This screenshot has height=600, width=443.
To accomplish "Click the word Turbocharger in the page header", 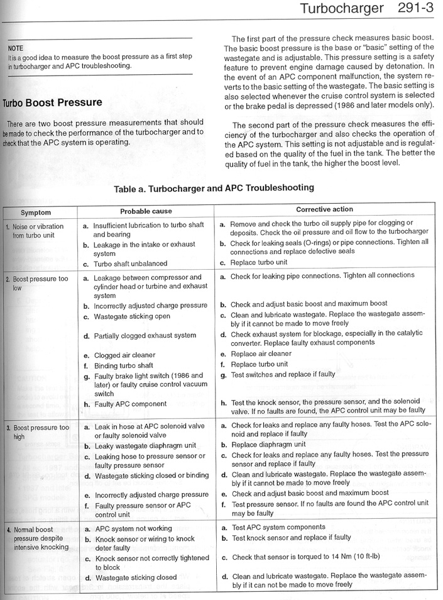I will [x=341, y=9].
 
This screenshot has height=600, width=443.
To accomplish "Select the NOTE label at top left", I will [x=15, y=48].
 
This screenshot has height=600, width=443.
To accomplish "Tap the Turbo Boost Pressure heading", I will [x=53, y=103].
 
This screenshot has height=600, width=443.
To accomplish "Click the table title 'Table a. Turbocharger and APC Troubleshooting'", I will [x=214, y=188].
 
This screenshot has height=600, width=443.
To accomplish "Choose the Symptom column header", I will [x=35, y=213].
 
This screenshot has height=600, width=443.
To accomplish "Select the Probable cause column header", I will [x=146, y=211].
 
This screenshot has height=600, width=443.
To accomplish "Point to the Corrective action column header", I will [x=324, y=209].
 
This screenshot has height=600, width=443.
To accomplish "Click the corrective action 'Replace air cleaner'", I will [x=261, y=354].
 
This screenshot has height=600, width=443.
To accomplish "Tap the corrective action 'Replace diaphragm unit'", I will [x=266, y=444].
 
